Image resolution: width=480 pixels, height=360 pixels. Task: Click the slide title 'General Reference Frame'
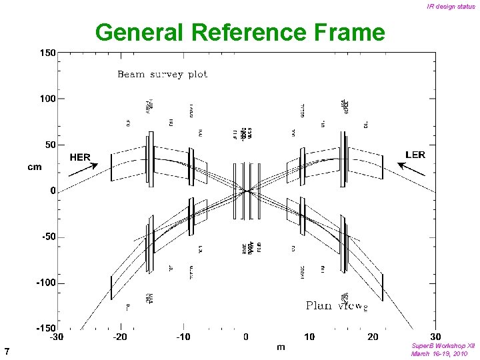click(240, 32)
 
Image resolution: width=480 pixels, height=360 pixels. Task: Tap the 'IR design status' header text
click(451, 7)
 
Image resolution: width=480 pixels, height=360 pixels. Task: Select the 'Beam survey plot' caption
click(163, 74)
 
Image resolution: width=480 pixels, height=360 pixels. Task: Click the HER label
click(80, 157)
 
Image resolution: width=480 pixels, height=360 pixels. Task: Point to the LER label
click(415, 155)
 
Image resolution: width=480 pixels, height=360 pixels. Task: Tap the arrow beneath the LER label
click(415, 169)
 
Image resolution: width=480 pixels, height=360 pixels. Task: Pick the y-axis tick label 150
click(47, 53)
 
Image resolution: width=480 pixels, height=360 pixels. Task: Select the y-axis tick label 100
click(47, 99)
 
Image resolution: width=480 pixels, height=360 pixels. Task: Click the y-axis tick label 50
click(49, 145)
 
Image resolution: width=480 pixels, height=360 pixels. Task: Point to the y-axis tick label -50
click(47, 237)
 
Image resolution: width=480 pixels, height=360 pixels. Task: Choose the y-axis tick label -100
click(45, 283)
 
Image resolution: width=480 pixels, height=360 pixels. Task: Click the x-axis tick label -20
click(120, 337)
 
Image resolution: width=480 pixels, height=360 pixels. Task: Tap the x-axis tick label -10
click(183, 337)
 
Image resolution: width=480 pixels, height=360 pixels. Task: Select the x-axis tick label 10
click(309, 337)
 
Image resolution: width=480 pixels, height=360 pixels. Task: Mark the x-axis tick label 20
click(373, 337)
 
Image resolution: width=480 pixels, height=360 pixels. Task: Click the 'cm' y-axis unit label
click(34, 167)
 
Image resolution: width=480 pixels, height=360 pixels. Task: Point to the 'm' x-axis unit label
click(281, 347)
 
